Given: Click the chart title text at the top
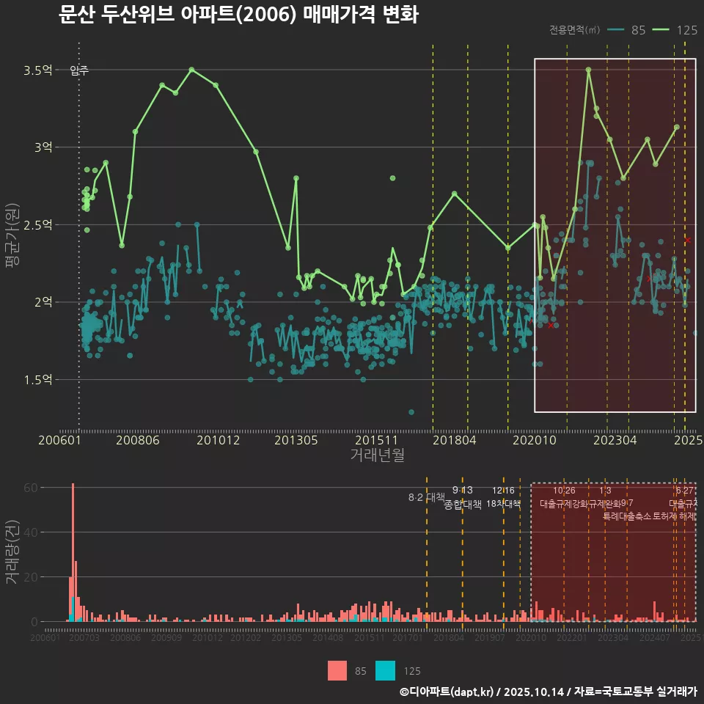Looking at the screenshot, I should [x=238, y=14].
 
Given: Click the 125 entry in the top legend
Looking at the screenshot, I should [x=686, y=30].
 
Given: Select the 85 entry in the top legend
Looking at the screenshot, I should [x=638, y=30].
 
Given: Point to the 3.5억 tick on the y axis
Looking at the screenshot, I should [x=38, y=70].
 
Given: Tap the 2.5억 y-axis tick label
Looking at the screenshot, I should [x=38, y=224].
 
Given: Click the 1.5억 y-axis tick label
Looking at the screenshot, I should [x=38, y=379].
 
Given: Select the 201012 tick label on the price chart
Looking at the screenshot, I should [x=216, y=440].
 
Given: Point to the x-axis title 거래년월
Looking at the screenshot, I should [x=377, y=455].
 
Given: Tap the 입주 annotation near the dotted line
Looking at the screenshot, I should [x=79, y=70].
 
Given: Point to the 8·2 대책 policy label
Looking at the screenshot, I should [x=427, y=497].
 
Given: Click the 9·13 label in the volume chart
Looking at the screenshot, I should [x=462, y=491].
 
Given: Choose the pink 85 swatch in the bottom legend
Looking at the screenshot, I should [x=337, y=670].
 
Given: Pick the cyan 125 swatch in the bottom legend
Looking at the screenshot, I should [x=385, y=670].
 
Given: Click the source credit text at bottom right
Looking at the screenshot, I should [x=548, y=692].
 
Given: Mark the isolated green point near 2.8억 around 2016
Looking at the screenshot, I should [x=393, y=178].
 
